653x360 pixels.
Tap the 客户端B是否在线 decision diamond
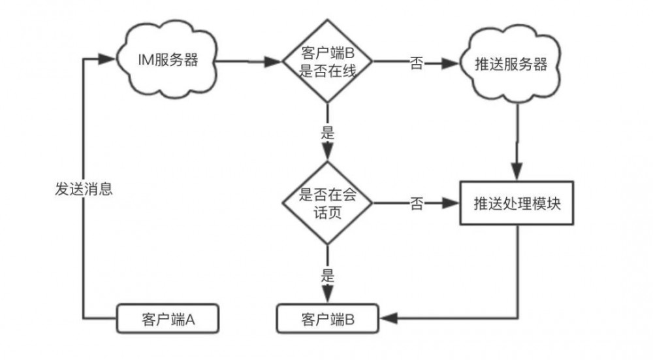click(x=328, y=63)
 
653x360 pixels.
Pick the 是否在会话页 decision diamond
click(x=328, y=203)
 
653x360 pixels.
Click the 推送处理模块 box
click(x=518, y=203)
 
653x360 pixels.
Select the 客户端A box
click(x=167, y=319)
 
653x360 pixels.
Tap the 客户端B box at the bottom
click(x=328, y=319)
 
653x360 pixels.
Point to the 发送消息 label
click(x=84, y=189)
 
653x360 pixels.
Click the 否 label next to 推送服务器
click(x=416, y=65)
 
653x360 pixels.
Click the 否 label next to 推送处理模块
click(x=416, y=204)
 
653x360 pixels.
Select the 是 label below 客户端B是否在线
click(x=328, y=133)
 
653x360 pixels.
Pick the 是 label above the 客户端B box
click(x=328, y=274)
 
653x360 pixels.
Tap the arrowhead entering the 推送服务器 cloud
click(x=450, y=64)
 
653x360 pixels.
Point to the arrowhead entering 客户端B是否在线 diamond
click(x=274, y=63)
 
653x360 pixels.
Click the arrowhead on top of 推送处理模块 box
click(x=518, y=173)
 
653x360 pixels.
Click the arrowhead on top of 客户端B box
click(x=328, y=297)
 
